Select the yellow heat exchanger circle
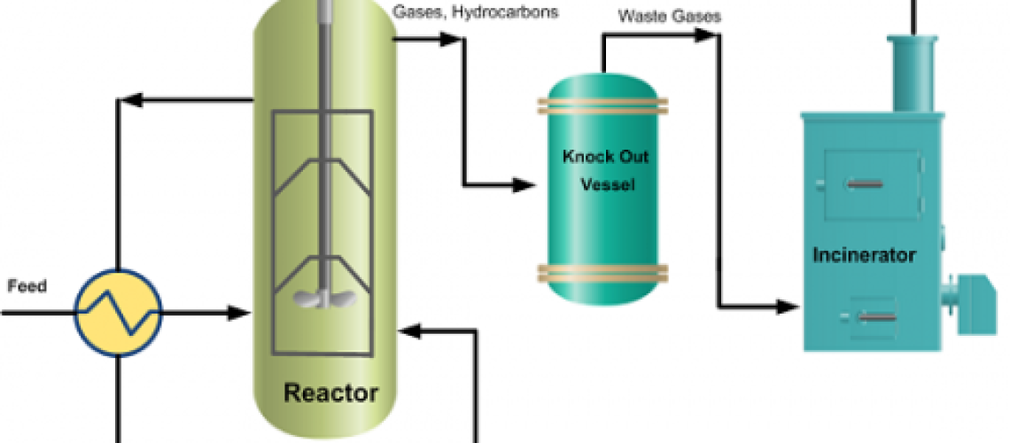pos(117,313)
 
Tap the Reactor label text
pos(330,392)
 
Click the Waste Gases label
pos(657,16)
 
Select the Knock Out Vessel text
pos(606,171)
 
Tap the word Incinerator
pos(864,256)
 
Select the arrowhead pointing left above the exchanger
pos(130,102)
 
